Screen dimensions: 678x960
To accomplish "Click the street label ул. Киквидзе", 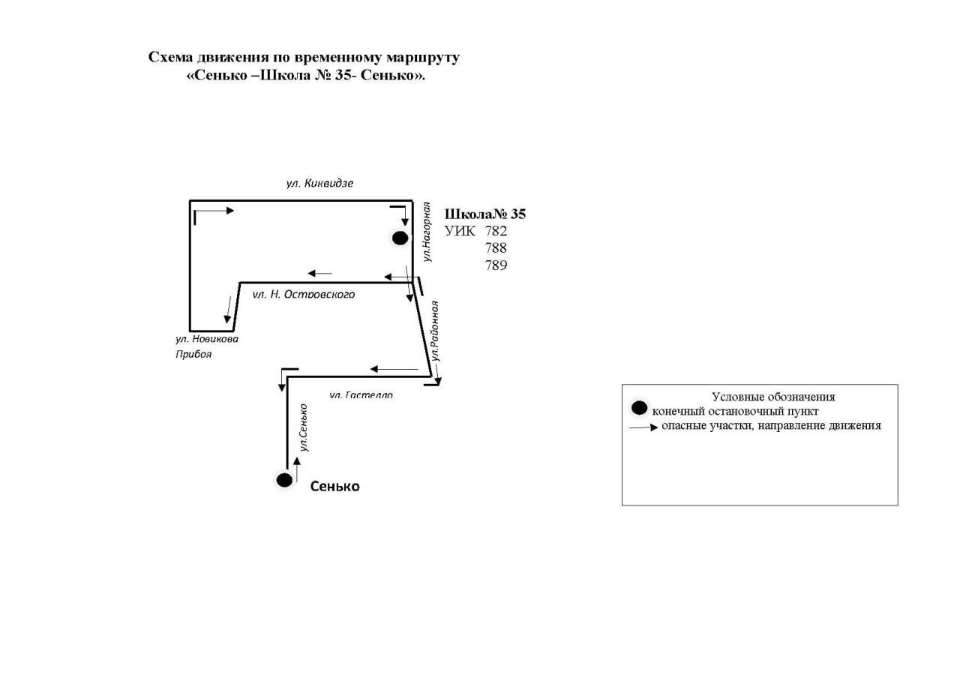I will (x=319, y=183).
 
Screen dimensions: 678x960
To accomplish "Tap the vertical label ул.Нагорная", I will (x=427, y=232).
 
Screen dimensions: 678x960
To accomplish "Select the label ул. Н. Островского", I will (x=303, y=294).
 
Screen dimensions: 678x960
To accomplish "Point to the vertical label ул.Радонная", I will (x=434, y=331).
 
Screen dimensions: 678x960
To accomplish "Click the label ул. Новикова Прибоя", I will (x=206, y=346).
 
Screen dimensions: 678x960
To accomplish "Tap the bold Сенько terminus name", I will (x=334, y=487).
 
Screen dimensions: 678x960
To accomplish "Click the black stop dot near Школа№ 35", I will (x=400, y=238).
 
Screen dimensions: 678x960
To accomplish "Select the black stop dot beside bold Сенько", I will (x=284, y=480).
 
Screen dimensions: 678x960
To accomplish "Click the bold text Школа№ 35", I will (x=485, y=214).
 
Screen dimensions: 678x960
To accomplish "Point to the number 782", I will (x=496, y=231).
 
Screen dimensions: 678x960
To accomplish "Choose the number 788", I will (x=496, y=248).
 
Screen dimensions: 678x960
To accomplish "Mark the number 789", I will (x=496, y=265).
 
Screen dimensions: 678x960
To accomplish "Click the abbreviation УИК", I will (x=460, y=231).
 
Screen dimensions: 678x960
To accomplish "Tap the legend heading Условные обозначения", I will (x=773, y=397).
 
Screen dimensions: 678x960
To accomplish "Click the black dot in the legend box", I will (x=639, y=409).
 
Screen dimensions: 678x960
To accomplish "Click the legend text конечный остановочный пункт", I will (x=735, y=411).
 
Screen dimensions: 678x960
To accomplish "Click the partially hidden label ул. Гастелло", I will (x=361, y=394).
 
